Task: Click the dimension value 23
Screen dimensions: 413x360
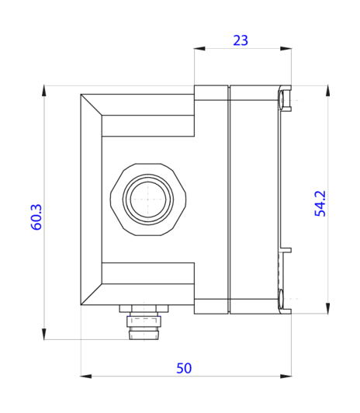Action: [241, 40]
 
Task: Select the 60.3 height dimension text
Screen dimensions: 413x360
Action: [36, 217]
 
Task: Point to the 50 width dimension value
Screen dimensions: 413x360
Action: [184, 367]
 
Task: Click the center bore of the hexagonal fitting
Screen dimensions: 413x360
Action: [147, 200]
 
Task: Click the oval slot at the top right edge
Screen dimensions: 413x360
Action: [280, 99]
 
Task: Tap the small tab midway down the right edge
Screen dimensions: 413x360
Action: [286, 251]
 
